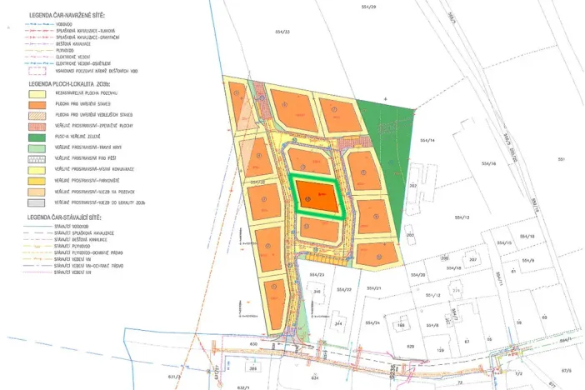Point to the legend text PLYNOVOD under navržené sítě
click(x=67, y=49)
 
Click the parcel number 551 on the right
click(x=562, y=158)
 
